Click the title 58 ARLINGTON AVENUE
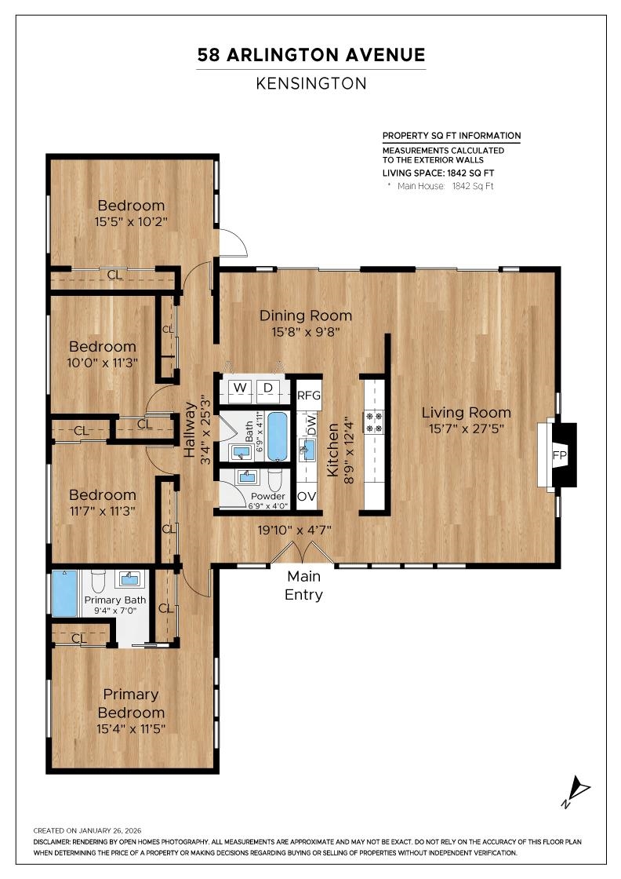point(310,55)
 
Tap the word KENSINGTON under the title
point(310,83)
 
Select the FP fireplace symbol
point(559,455)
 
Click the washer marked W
point(240,388)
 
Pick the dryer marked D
point(267,388)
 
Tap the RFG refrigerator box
point(309,394)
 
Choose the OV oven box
point(307,497)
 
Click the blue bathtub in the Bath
point(278,436)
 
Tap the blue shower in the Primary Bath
point(64,593)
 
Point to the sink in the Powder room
point(249,478)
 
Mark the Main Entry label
point(303,585)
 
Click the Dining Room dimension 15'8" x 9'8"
point(306,332)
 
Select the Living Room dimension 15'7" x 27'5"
point(466,429)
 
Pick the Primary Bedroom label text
point(131,703)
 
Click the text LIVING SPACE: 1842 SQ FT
point(438,173)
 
